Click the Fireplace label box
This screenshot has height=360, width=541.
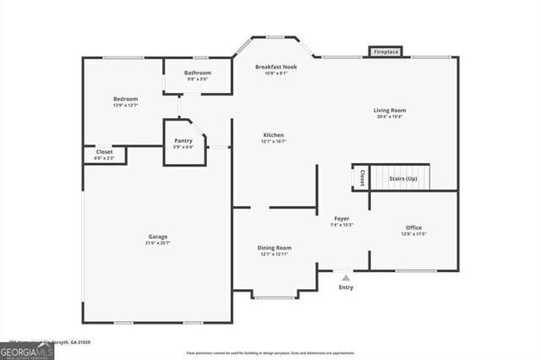click(385, 52)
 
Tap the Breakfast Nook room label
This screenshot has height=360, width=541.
click(277, 66)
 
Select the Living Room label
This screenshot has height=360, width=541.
click(391, 110)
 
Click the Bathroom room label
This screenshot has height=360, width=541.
click(197, 73)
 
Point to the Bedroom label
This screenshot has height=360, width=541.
click(125, 99)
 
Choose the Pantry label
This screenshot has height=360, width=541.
click(183, 140)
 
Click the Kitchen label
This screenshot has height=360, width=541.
click(273, 134)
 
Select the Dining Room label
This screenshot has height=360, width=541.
click(275, 248)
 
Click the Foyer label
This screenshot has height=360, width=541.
click(342, 218)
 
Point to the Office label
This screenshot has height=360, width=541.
click(413, 227)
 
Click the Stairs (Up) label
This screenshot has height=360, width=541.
click(402, 178)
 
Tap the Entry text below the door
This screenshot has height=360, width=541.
click(347, 287)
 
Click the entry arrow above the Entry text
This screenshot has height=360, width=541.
click(345, 275)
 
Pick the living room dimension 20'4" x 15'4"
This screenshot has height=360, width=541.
click(391, 117)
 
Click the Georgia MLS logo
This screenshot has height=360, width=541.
click(27, 350)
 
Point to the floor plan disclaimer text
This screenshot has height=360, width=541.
click(270, 353)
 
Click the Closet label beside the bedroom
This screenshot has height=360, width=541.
click(103, 152)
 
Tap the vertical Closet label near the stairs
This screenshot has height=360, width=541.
click(362, 178)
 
